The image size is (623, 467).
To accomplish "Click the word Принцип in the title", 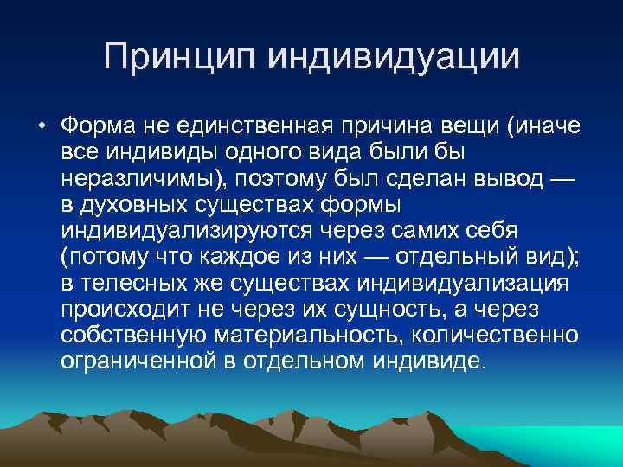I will [x=179, y=58].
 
